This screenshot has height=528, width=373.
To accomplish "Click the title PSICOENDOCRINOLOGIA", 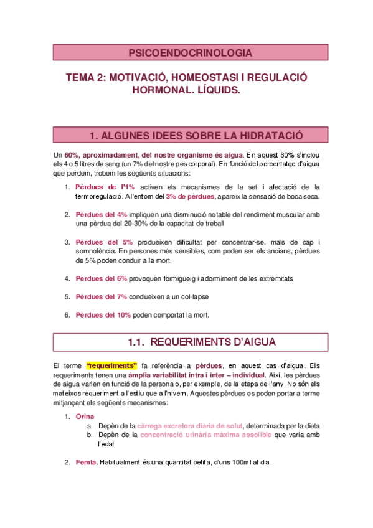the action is click(x=190, y=53).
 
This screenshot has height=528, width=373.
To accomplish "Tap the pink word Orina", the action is click(x=85, y=416).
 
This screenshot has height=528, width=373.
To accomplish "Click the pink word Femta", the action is click(x=86, y=463).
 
